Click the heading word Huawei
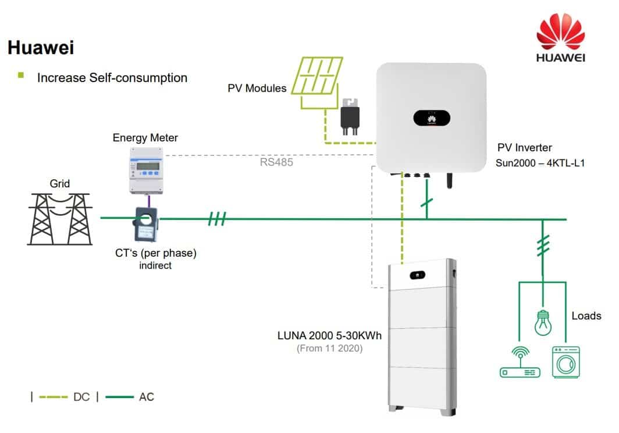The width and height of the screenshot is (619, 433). point(41,48)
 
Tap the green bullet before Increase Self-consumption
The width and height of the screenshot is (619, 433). point(22,76)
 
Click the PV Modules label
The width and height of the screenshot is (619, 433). point(257,88)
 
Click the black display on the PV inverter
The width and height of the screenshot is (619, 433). point(431,118)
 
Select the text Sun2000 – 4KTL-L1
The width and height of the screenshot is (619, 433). point(540,163)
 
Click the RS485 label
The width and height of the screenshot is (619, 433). point(276,162)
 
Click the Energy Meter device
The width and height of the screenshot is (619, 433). point(145,169)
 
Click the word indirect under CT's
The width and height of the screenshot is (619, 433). point(155,265)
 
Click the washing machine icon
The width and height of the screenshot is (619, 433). point(565,362)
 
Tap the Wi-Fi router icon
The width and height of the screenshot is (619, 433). point(520,364)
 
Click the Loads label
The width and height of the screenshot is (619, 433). point(586,316)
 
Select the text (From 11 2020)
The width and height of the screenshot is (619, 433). point(331,349)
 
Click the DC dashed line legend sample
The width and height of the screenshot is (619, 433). point(54,397)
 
